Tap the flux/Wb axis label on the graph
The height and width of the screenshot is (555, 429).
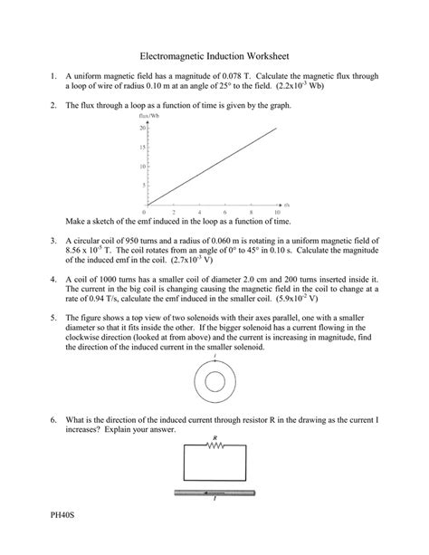(x=148, y=116)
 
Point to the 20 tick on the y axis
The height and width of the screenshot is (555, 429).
(x=143, y=129)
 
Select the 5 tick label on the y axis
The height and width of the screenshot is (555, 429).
(x=144, y=186)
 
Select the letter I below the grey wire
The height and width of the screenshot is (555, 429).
(x=214, y=500)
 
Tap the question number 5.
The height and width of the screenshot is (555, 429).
(x=53, y=319)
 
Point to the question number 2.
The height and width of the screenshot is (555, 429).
(x=53, y=105)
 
